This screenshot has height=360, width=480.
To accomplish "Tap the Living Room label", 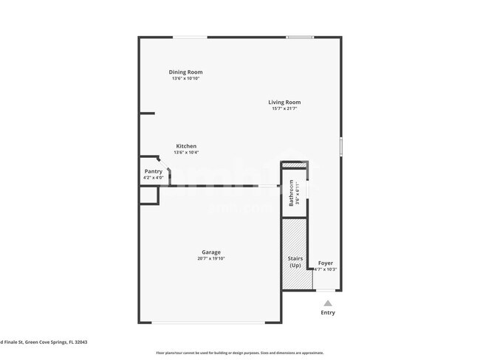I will (x=284, y=103).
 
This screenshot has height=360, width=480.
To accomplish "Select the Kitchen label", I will (x=186, y=146).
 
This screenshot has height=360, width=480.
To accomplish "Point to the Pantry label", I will (x=154, y=171).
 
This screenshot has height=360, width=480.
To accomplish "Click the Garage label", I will (x=210, y=252).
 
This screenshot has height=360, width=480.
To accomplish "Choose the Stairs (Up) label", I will (x=295, y=262).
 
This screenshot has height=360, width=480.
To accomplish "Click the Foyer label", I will (x=325, y=263).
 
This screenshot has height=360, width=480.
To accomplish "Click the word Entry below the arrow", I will (x=327, y=313).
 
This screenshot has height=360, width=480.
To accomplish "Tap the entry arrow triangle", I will (x=327, y=302).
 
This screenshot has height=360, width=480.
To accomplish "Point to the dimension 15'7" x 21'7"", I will (x=284, y=109).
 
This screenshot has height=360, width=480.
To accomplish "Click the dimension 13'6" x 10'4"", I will (x=186, y=153).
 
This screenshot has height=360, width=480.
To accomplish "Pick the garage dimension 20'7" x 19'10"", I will (x=210, y=259).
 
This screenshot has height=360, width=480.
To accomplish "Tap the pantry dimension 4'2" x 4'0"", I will (x=154, y=178).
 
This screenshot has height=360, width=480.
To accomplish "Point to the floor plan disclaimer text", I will (x=239, y=353).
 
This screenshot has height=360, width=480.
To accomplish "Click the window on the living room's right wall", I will (x=340, y=145).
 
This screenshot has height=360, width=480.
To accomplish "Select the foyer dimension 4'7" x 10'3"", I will (x=326, y=269).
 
